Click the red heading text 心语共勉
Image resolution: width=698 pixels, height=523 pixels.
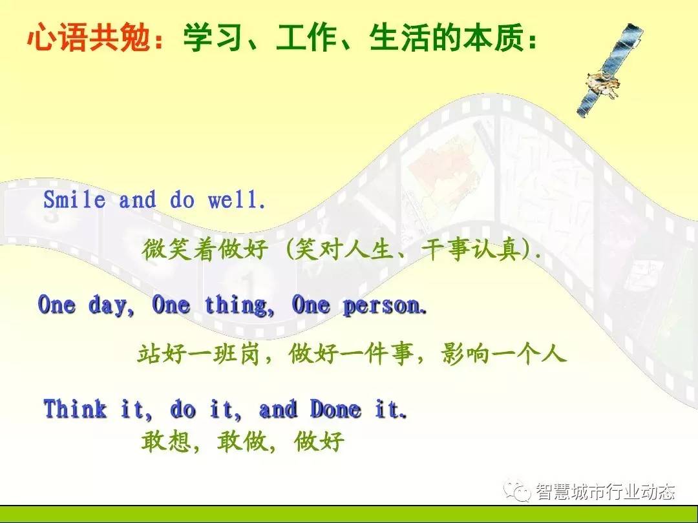pyautogui.click(x=89, y=37)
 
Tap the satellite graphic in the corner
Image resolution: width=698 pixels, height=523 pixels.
pyautogui.click(x=609, y=70)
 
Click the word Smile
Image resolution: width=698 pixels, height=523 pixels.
pyautogui.click(x=74, y=200)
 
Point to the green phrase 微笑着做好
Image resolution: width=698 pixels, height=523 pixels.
pyautogui.click(x=206, y=249)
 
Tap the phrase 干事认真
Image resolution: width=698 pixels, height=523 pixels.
pyautogui.click(x=471, y=249)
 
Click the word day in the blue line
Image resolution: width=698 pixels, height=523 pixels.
pyautogui.click(x=107, y=306)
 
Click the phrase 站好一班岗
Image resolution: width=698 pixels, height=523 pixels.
pyautogui.click(x=198, y=354)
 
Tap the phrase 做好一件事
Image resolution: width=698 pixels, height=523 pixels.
pyautogui.click(x=350, y=354)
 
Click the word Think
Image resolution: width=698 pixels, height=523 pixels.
pyautogui.click(x=75, y=409)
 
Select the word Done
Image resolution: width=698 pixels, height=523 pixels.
pyautogui.click(x=335, y=409)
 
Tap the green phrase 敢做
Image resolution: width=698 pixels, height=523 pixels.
pyautogui.click(x=242, y=442)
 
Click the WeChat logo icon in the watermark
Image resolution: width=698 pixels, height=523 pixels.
pyautogui.click(x=517, y=491)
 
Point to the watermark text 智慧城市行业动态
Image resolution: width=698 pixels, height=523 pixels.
pyautogui.click(x=606, y=492)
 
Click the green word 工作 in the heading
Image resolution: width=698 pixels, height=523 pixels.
pyautogui.click(x=306, y=37)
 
